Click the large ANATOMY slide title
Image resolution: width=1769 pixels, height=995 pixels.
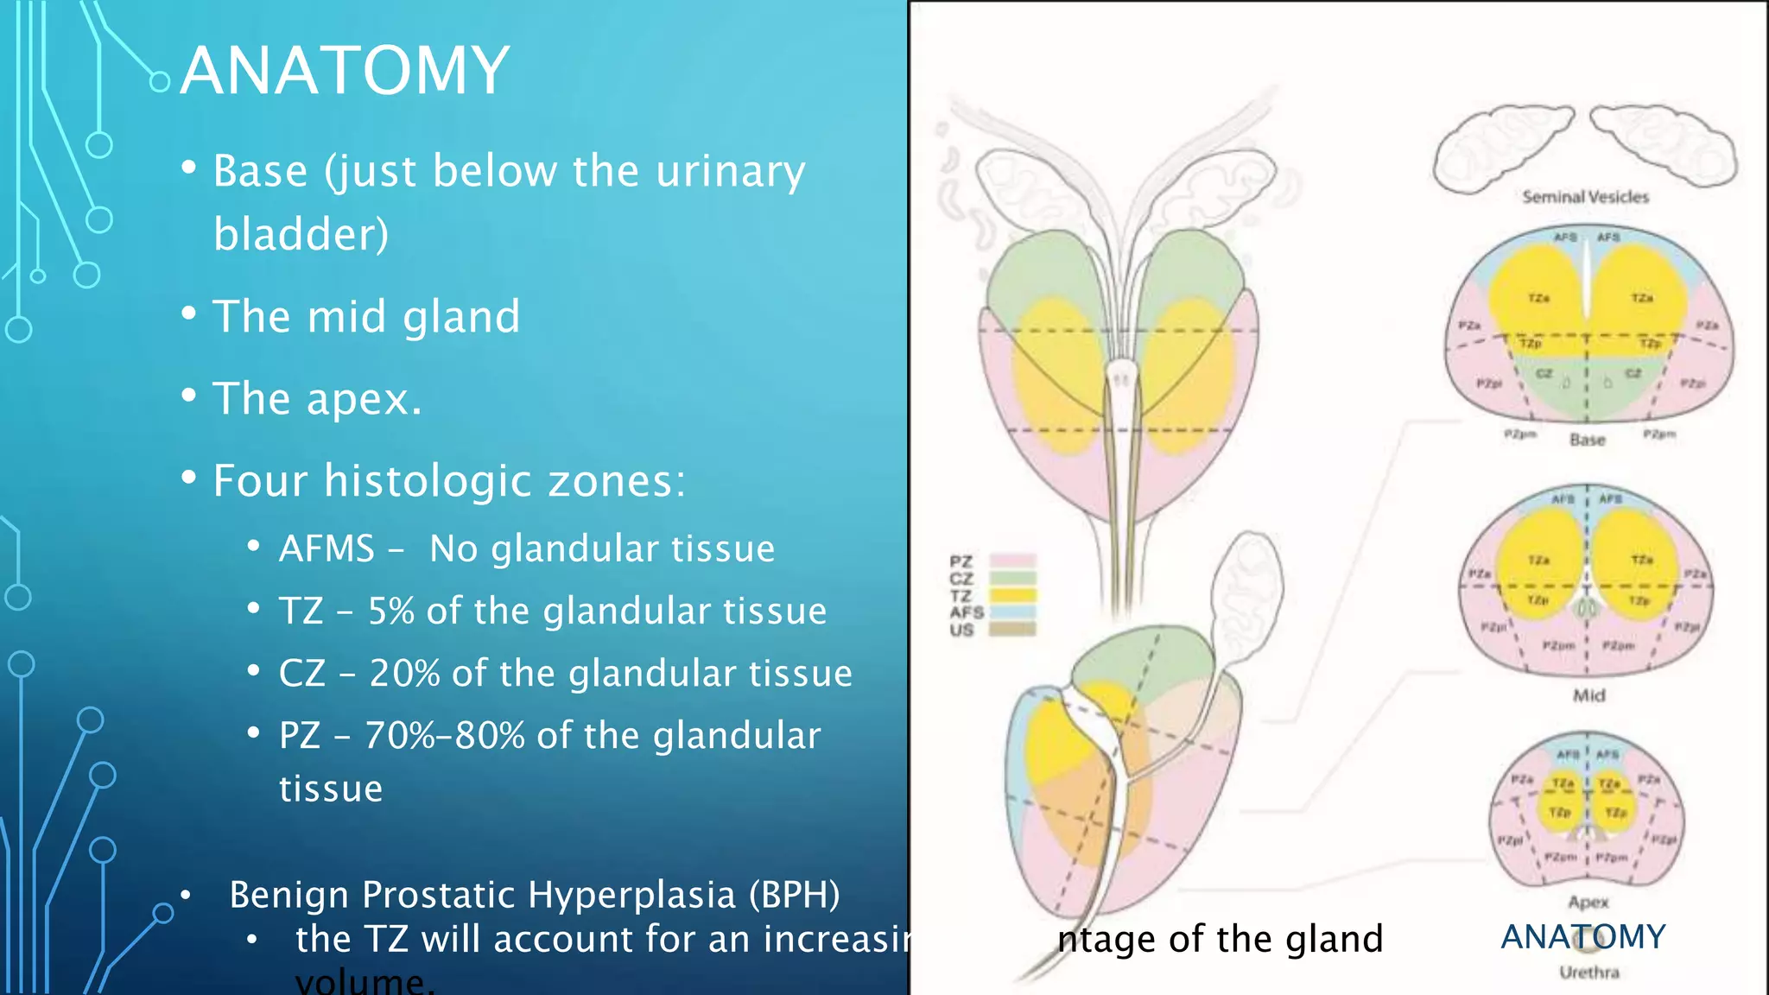coord(345,71)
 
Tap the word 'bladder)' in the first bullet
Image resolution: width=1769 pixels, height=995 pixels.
coord(301,234)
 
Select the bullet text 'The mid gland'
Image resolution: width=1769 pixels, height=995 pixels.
coord(366,316)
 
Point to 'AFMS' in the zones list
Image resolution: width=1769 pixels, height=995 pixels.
coord(327,549)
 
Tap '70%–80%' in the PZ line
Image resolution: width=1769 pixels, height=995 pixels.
coord(444,736)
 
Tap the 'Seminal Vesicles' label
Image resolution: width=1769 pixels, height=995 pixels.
coord(1585,197)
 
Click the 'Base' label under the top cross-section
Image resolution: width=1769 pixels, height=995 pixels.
coord(1587,440)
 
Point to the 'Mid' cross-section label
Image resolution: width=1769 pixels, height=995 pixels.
coord(1588,695)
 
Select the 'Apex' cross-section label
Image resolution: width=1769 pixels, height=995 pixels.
coord(1588,902)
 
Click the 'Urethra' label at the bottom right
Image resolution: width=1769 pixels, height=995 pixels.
coord(1588,973)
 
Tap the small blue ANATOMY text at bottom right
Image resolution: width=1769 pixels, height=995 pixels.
coord(1582,937)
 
